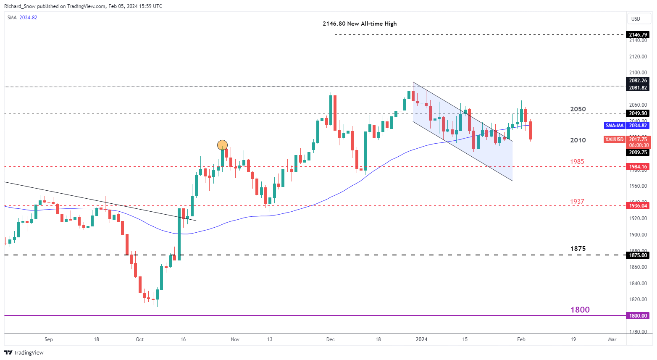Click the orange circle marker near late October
[222, 145]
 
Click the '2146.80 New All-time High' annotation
[360, 24]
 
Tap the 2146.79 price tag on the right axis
[638, 35]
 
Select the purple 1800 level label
[580, 310]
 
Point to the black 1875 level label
[578, 249]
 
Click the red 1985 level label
[577, 162]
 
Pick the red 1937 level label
[577, 202]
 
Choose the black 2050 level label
[578, 109]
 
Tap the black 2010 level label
[578, 140]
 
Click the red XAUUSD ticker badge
[614, 139]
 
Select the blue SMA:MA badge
[614, 126]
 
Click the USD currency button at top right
[636, 18]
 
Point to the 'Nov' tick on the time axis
[235, 339]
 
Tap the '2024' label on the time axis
[421, 339]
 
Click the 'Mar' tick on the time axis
[612, 339]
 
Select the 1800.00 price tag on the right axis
[638, 316]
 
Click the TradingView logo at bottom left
[24, 352]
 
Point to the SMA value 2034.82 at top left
[29, 18]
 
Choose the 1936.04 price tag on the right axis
[638, 205]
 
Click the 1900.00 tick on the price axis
[638, 235]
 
